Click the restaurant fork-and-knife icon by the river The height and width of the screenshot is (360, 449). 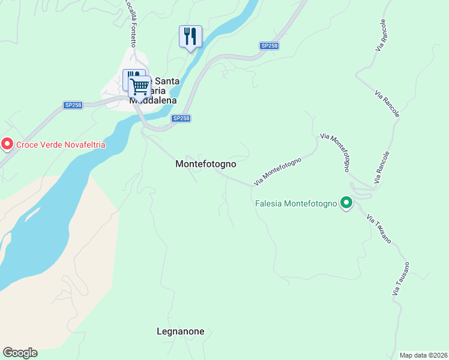[x=190, y=37]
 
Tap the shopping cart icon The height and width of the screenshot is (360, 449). [x=139, y=86]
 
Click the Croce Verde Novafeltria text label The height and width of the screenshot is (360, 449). [x=60, y=144]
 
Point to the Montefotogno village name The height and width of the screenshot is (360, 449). [x=205, y=164]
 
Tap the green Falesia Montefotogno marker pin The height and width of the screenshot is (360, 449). [x=346, y=203]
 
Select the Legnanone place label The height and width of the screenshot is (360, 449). [x=180, y=331]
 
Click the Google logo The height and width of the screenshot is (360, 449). [x=20, y=353]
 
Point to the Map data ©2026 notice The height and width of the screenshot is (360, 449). [x=423, y=355]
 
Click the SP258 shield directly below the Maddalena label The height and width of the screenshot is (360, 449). [x=181, y=118]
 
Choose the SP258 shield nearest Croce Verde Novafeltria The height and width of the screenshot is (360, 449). [x=73, y=105]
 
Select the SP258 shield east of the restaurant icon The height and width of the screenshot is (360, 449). [x=268, y=46]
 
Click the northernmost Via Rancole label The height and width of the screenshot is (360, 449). [x=382, y=34]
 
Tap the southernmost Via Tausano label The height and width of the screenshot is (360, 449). [x=400, y=278]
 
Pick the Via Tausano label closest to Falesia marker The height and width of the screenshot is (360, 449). [x=377, y=229]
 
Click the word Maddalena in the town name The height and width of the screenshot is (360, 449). [x=154, y=100]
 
